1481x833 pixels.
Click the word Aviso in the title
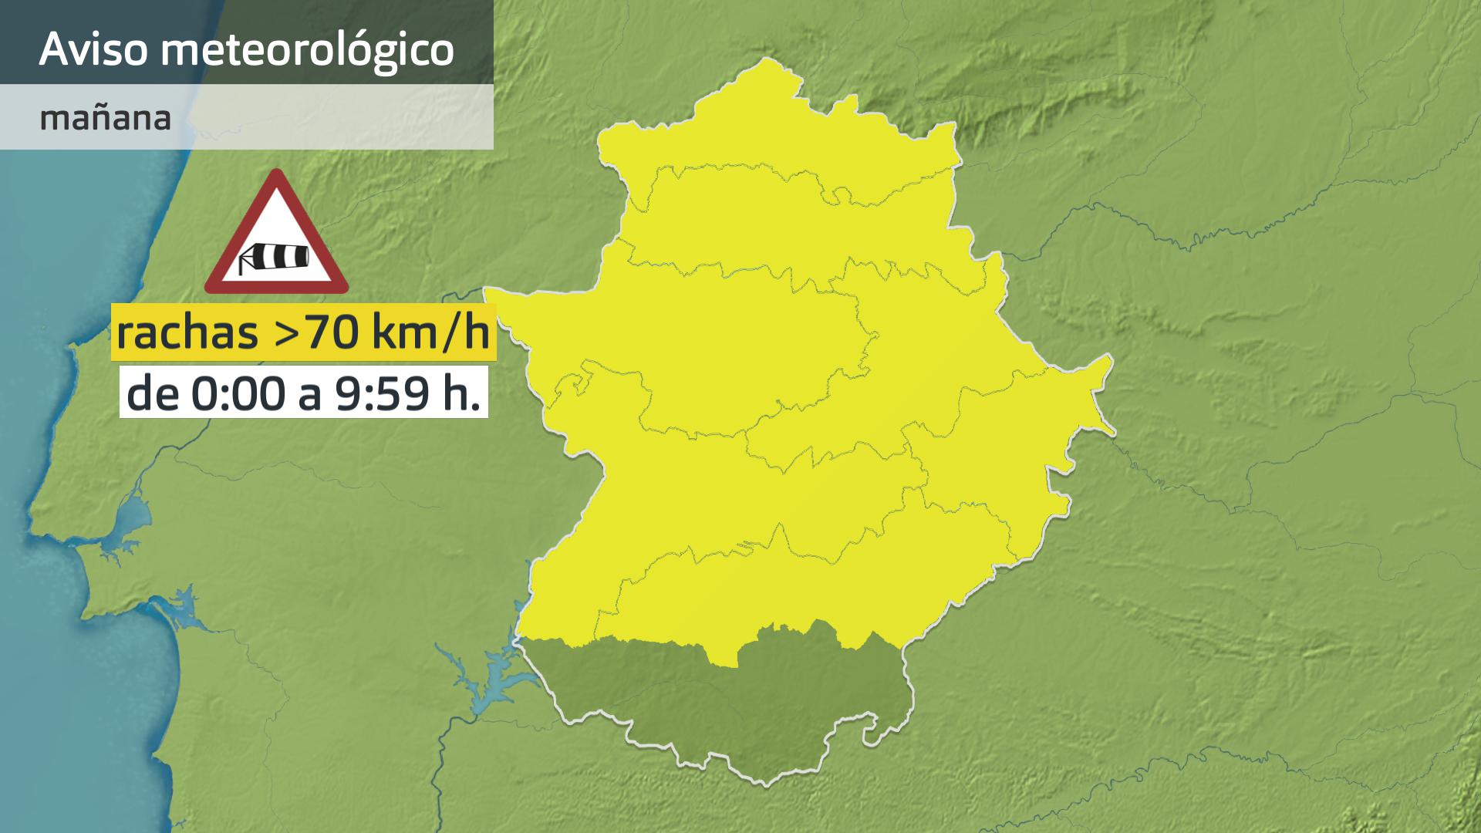point(93,49)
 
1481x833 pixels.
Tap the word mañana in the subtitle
point(105,119)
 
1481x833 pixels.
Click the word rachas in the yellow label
point(187,333)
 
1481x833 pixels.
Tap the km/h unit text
point(430,333)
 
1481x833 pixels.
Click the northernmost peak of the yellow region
point(766,62)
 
